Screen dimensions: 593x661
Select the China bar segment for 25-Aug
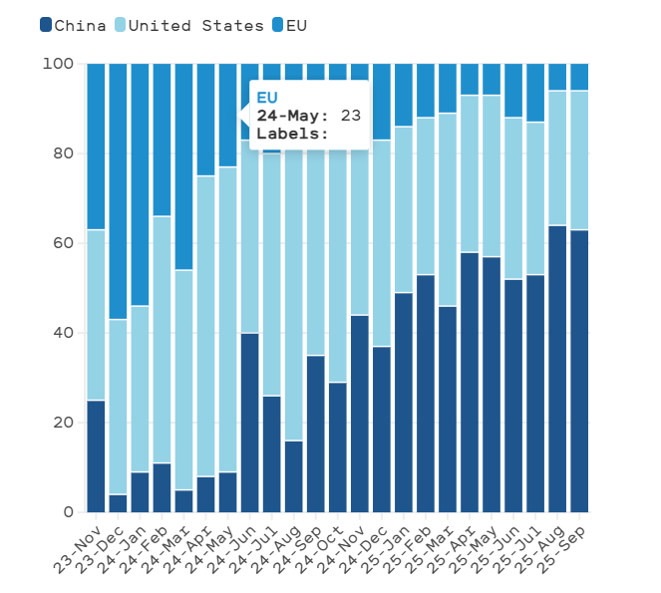(x=557, y=369)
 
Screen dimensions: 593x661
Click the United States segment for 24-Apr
(x=205, y=326)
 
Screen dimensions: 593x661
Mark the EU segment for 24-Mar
(x=183, y=166)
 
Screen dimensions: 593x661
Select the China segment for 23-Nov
(x=96, y=455)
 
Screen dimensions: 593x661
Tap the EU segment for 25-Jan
(x=403, y=95)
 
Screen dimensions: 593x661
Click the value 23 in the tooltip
(x=350, y=116)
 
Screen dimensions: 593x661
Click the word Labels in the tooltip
(x=289, y=134)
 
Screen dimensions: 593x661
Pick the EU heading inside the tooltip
(x=266, y=97)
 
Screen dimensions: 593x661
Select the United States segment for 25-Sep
(x=579, y=159)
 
